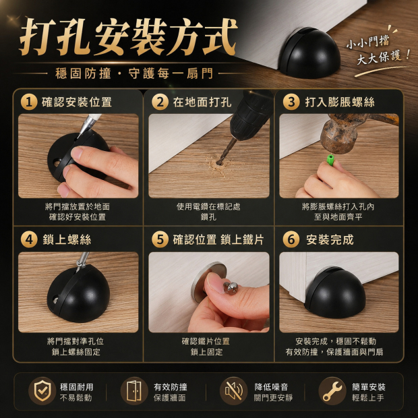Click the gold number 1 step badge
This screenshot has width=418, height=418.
tap(29, 102)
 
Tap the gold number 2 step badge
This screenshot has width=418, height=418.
tap(160, 102)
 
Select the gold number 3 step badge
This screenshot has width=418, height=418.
tap(291, 102)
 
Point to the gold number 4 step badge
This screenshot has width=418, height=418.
tap(29, 239)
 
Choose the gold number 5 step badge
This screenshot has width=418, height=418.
tap(160, 239)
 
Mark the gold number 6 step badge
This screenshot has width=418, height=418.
tap(291, 239)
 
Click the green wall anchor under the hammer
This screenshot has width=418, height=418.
tap(330, 160)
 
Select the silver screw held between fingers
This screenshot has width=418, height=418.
tap(231, 288)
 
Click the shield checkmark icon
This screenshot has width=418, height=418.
tap(42, 391)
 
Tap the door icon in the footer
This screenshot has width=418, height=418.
tap(134, 391)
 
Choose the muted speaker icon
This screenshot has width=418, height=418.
tap(233, 391)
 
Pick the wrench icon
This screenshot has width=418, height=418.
tap(332, 391)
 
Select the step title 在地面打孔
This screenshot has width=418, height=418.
tap(202, 102)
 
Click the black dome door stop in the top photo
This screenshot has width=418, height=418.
tap(310, 53)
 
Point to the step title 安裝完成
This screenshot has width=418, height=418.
tap(330, 239)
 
